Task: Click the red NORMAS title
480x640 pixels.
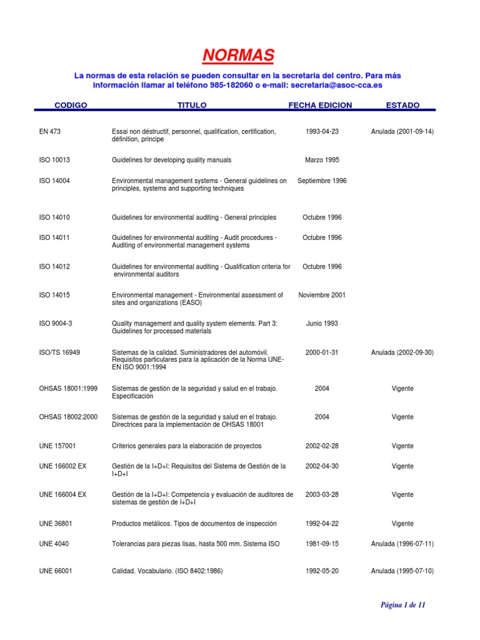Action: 238,56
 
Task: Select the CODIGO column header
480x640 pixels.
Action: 71,106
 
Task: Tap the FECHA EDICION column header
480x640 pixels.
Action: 320,106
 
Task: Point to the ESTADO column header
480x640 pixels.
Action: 402,106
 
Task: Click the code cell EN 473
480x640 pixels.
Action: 49,132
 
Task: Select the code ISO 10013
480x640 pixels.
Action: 54,160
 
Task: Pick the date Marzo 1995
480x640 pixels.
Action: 322,160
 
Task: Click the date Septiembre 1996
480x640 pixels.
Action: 322,181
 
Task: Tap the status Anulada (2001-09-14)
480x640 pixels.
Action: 402,132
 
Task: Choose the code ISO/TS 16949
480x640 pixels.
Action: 59,352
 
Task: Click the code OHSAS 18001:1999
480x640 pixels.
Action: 68,389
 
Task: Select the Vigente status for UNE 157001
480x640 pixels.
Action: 402,446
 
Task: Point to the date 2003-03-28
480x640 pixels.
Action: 322,494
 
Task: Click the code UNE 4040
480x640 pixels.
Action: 54,544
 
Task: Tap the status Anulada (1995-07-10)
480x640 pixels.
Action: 402,571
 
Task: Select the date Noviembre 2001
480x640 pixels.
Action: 322,295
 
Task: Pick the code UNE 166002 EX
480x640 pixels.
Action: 62,466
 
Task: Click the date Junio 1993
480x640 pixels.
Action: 322,324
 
